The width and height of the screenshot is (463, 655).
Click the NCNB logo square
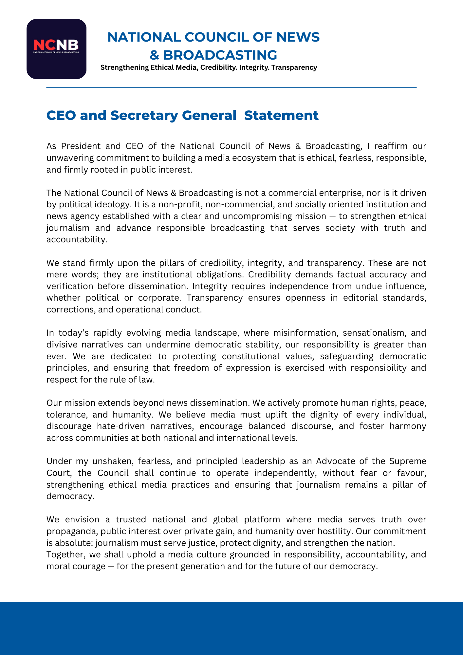56,49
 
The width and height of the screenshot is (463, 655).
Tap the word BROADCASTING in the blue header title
220,55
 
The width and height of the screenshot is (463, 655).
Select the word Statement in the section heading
281,116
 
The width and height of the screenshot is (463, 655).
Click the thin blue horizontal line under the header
231,88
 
